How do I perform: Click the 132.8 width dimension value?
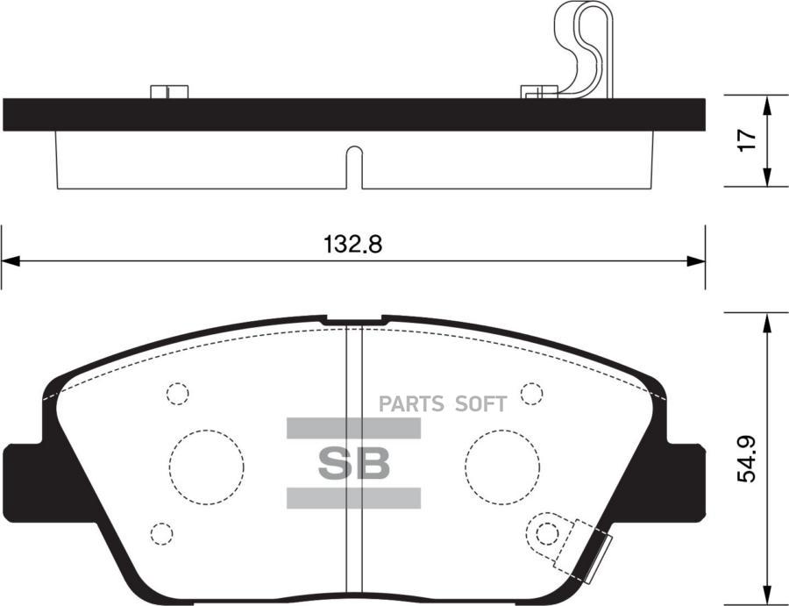tap(353, 245)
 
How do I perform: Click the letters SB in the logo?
tap(353, 464)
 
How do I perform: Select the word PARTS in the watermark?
tap(412, 404)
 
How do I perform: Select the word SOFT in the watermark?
tap(480, 404)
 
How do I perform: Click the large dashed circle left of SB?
tap(207, 466)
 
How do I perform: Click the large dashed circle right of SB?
tap(503, 466)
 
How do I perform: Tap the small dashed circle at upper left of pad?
tap(178, 393)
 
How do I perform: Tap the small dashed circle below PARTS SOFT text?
tap(531, 394)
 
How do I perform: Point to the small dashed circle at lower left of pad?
tap(161, 532)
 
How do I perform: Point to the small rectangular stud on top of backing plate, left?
tap(169, 91)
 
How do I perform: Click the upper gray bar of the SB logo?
tap(353, 428)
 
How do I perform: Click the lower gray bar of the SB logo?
tap(353, 498)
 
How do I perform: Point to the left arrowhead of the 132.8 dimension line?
tap(9, 260)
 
